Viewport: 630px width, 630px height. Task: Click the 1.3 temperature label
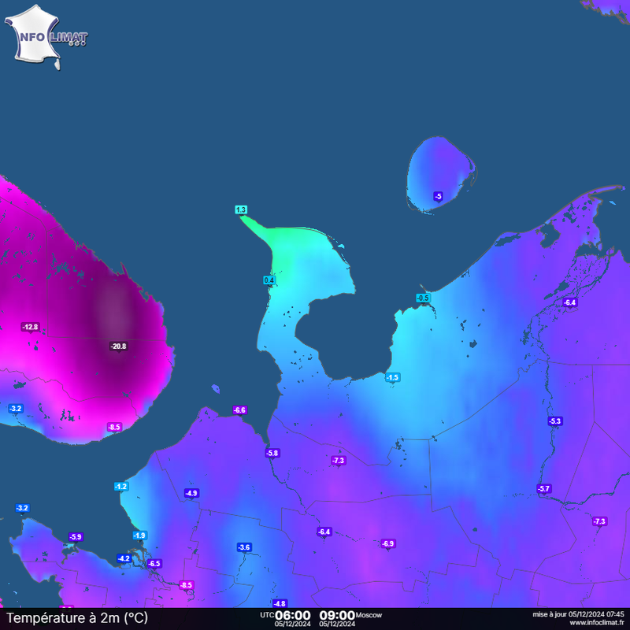[x=241, y=209]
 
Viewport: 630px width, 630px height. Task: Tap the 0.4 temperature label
[x=269, y=280]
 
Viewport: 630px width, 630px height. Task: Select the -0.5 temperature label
[x=423, y=298]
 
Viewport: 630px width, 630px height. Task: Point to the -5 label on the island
[x=438, y=196]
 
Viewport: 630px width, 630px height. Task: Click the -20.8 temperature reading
[x=119, y=346]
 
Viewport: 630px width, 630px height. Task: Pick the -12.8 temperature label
[x=30, y=327]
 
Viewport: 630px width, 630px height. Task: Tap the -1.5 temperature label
[x=392, y=378]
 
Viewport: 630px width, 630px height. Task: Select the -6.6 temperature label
[x=239, y=409]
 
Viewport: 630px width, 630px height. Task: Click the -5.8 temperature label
[x=272, y=453]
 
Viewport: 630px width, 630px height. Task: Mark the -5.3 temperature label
[x=555, y=421]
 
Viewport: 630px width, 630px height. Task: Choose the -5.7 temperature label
[x=544, y=489]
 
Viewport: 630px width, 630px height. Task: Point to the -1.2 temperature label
[x=121, y=487]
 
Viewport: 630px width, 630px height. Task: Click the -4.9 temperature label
[x=191, y=493]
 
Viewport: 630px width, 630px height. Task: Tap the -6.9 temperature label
[x=387, y=543]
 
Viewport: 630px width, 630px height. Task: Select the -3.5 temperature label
[x=244, y=547]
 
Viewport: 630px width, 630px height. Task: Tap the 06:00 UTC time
[x=293, y=615]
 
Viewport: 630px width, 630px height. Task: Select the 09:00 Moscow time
[x=336, y=615]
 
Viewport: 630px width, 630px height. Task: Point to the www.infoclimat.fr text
[x=596, y=622]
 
